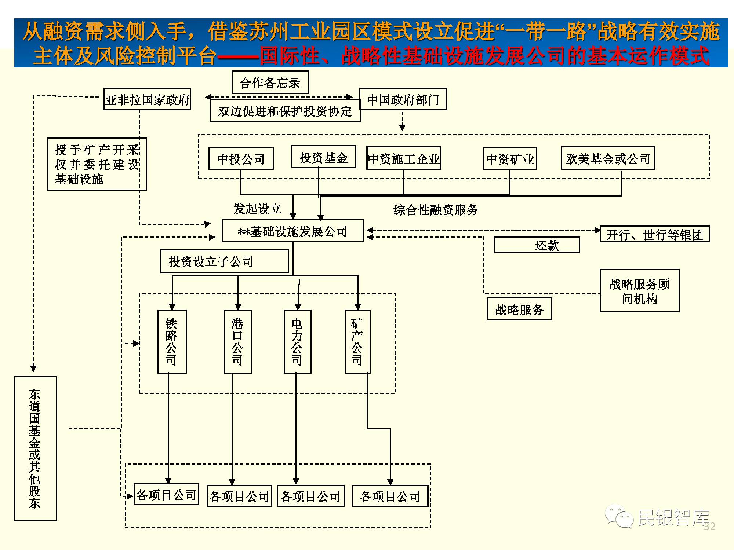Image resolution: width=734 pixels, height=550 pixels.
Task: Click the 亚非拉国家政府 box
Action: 147,99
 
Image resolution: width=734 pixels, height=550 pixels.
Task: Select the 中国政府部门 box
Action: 403,99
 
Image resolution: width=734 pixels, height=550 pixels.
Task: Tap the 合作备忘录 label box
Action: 270,82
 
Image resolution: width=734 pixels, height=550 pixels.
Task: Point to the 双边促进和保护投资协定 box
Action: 285,111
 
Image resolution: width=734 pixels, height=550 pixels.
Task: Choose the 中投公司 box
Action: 241,158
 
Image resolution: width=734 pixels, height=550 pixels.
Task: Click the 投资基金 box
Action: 323,157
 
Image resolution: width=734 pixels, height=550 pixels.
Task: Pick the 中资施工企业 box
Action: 403,158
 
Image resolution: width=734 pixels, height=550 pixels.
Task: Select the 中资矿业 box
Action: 509,158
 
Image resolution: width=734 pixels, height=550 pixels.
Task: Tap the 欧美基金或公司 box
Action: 608,158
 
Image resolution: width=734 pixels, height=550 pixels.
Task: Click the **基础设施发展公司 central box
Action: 292,231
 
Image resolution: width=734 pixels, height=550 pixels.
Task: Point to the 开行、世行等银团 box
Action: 654,234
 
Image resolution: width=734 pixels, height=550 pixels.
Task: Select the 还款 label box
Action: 537,245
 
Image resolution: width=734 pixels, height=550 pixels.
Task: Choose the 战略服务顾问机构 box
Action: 639,291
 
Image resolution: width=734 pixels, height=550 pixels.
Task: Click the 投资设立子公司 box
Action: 225,261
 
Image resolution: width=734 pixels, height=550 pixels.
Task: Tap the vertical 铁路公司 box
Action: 172,342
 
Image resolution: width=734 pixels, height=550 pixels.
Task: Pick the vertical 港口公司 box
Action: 238,342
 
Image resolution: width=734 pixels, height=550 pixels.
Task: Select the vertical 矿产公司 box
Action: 357,342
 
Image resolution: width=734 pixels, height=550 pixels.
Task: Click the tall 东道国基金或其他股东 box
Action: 35,448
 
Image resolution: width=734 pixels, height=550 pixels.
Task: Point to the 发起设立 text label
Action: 257,209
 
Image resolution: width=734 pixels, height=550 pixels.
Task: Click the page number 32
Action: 709,527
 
